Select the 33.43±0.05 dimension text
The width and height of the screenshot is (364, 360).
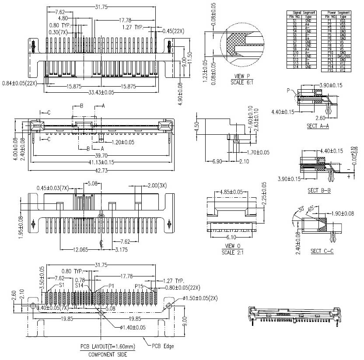[x=101, y=92]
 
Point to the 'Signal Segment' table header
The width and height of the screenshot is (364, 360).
[x=302, y=13]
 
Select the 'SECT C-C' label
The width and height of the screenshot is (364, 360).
[x=322, y=251]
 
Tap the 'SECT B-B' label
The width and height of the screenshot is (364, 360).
[x=319, y=191]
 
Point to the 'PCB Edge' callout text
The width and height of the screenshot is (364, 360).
[x=163, y=346]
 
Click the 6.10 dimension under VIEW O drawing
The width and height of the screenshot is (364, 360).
[x=230, y=237]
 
